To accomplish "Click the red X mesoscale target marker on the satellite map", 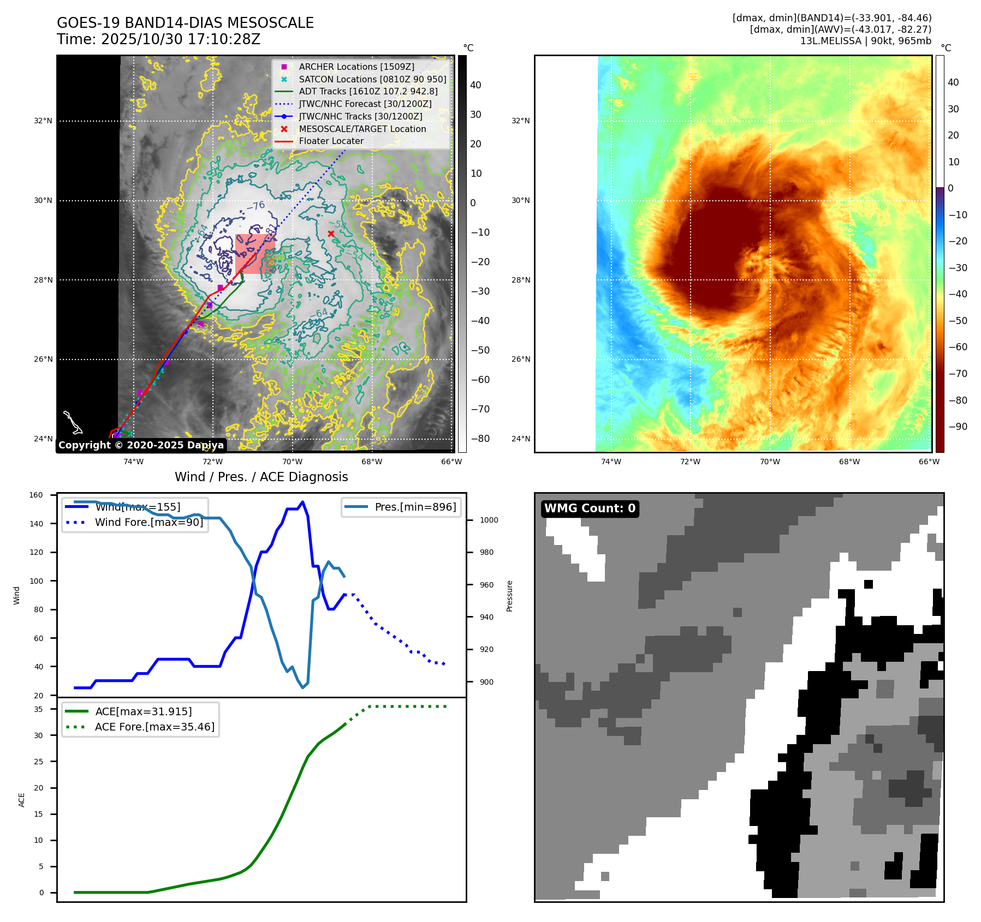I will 331,234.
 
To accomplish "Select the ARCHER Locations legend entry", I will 356,67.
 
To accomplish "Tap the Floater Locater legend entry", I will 331,141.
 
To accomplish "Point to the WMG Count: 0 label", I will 590,508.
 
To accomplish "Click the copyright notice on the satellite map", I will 141,445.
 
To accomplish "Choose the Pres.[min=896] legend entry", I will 415,507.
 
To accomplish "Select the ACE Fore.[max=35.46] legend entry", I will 154,727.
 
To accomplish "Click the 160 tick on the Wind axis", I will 36,495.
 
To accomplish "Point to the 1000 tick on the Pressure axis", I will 489,520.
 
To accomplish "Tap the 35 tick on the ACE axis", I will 38,709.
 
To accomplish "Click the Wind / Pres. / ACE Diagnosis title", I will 261,477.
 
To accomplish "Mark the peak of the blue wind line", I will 303,502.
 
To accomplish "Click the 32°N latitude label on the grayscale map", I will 43,121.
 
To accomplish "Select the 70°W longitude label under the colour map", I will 770,462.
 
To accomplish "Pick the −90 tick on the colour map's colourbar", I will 958,427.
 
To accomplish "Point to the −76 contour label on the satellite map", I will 255,206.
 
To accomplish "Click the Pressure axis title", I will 509,596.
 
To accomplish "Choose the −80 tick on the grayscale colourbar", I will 480,439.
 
